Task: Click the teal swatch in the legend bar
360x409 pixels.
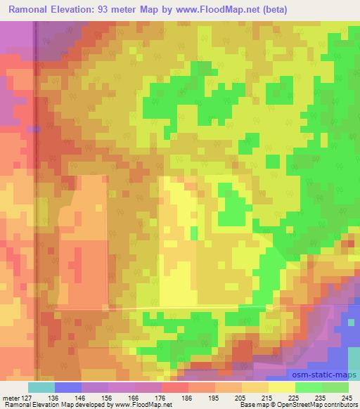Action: pyautogui.click(x=41, y=387)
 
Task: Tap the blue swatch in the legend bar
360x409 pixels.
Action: pyautogui.click(x=68, y=387)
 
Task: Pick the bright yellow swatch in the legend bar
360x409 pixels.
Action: pyautogui.click(x=282, y=387)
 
